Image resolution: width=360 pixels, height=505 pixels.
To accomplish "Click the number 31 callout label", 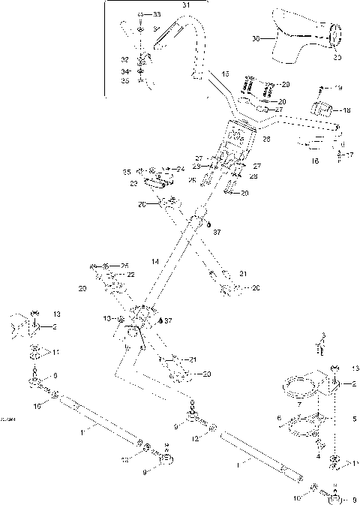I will (187, 5).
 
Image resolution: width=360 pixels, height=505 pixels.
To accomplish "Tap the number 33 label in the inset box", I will (156, 15).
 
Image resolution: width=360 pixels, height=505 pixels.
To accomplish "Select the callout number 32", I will (124, 59).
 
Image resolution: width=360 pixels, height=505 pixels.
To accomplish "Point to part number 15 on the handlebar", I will (225, 75).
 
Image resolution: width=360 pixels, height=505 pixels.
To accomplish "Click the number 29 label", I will (284, 86).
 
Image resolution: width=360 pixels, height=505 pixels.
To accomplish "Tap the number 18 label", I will (346, 110).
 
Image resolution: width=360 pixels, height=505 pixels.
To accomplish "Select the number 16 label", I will (314, 161).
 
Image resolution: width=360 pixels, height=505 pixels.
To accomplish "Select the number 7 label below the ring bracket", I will (299, 404).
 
